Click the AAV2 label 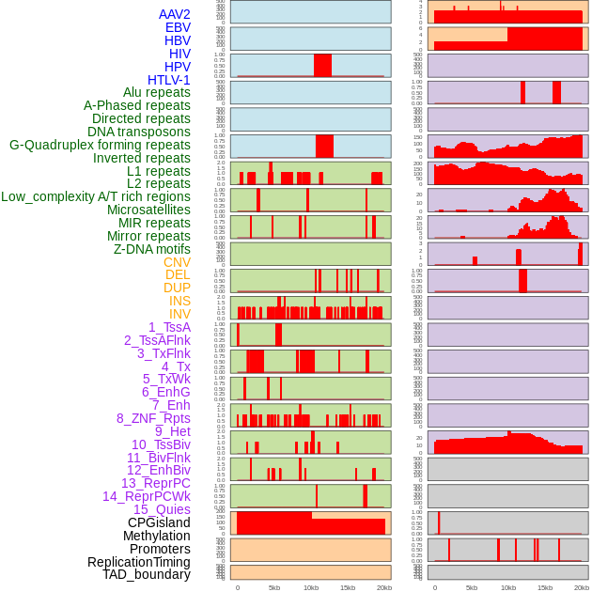(x=174, y=15)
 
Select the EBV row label (x=178, y=28)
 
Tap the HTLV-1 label (x=168, y=80)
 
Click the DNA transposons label (x=138, y=132)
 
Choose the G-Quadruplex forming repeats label (x=100, y=146)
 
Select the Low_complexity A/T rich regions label (x=95, y=197)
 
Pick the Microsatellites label (x=148, y=210)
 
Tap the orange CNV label (x=177, y=262)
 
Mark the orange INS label (x=179, y=302)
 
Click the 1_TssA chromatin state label (x=169, y=327)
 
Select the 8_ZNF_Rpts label (x=153, y=418)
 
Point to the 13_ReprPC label (x=155, y=483)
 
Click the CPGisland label (x=159, y=522)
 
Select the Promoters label (x=160, y=549)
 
